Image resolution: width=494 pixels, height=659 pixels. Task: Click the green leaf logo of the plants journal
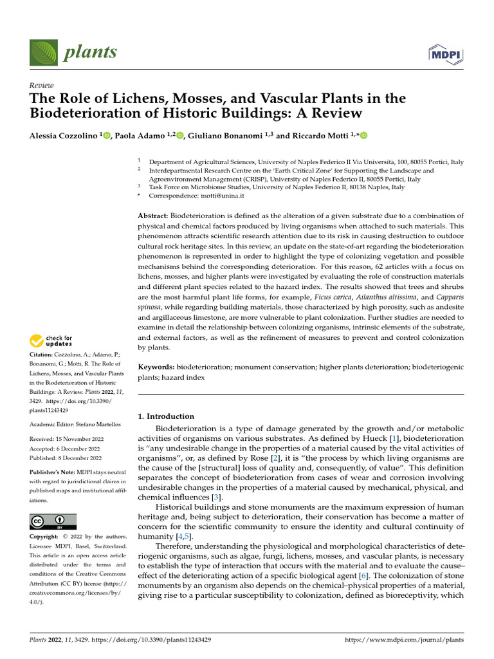(x=43, y=52)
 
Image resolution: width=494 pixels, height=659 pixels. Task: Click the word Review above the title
(x=42, y=86)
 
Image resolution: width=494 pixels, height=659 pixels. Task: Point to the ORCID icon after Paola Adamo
(x=179, y=135)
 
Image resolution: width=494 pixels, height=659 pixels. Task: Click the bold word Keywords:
(x=156, y=366)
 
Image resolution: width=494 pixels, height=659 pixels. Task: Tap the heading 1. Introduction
(x=167, y=416)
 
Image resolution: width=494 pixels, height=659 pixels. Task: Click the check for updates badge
(x=51, y=340)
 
